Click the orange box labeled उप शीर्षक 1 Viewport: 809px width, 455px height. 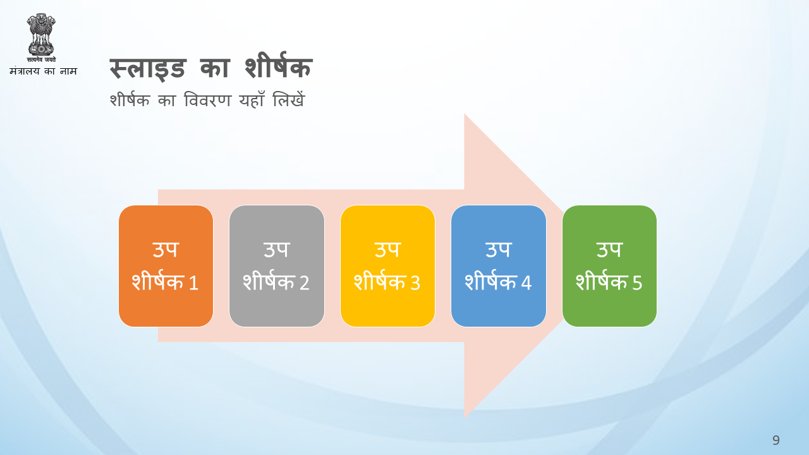166,266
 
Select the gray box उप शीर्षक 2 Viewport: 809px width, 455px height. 277,266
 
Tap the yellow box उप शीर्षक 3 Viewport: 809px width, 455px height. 387,266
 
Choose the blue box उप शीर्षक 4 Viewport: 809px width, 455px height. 499,266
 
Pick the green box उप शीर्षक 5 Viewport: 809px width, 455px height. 609,266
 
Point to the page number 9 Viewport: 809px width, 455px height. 776,440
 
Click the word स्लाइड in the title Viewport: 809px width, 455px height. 147,68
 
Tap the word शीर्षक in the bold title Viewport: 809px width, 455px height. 278,65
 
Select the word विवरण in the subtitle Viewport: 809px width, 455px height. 207,100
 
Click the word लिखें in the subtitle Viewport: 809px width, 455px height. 289,99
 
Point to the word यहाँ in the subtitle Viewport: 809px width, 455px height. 252,99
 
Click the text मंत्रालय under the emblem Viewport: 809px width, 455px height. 25,71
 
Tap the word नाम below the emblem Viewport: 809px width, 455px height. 68,71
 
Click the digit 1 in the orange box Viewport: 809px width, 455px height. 193,282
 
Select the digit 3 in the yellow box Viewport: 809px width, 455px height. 415,282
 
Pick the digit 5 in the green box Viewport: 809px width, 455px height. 637,282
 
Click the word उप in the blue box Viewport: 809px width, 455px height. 499,249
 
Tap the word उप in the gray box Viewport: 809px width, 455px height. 277,249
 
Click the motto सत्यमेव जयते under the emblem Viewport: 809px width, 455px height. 41,59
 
